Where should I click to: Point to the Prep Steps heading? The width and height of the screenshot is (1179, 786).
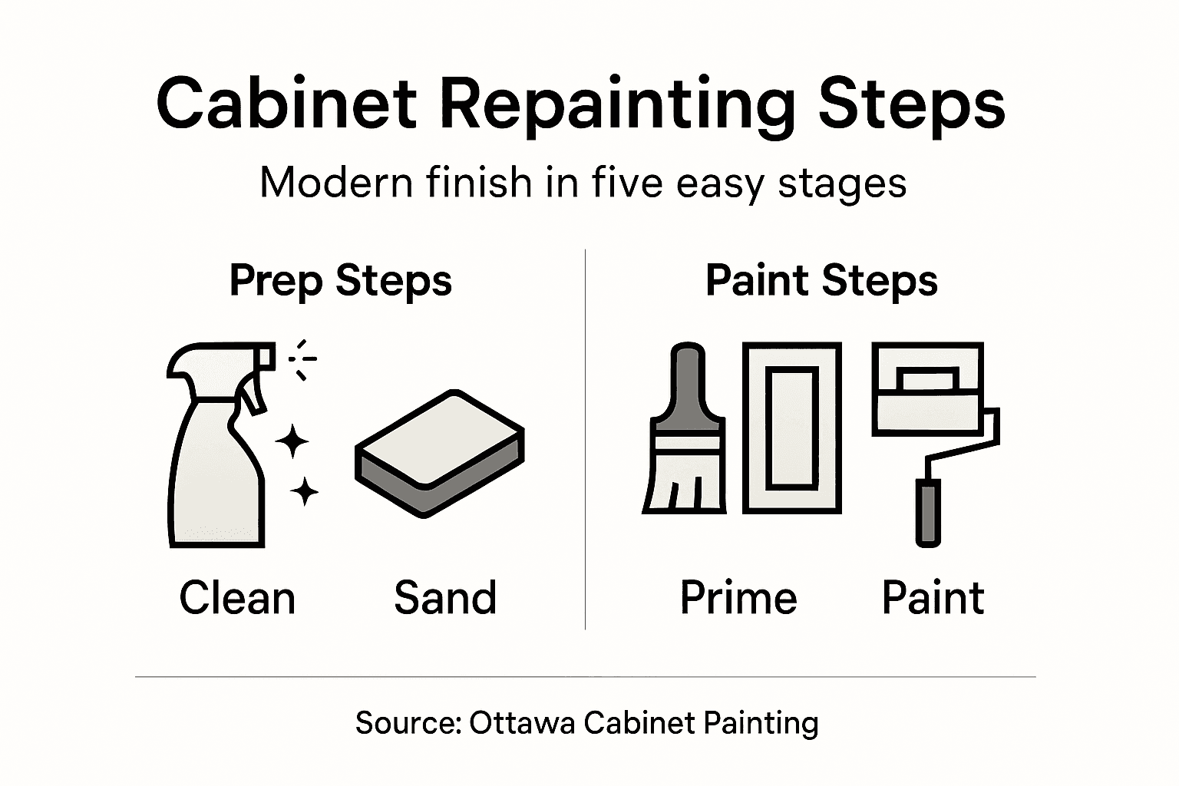341,281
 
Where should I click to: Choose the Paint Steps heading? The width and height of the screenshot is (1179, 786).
821,281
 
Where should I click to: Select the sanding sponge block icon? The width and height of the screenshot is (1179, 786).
439,453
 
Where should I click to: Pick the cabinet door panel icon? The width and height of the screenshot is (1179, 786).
791,428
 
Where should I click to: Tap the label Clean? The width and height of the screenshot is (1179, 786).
237,598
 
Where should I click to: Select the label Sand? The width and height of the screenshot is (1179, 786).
445,598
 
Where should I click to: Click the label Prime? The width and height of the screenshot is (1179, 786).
738,598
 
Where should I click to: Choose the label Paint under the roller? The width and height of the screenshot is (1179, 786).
933,598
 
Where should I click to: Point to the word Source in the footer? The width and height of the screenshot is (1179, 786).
407,723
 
